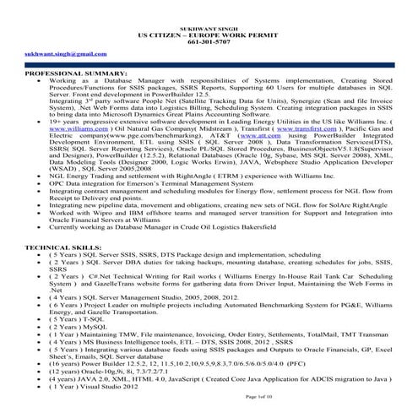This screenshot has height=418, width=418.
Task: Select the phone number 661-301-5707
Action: click(209, 25)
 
